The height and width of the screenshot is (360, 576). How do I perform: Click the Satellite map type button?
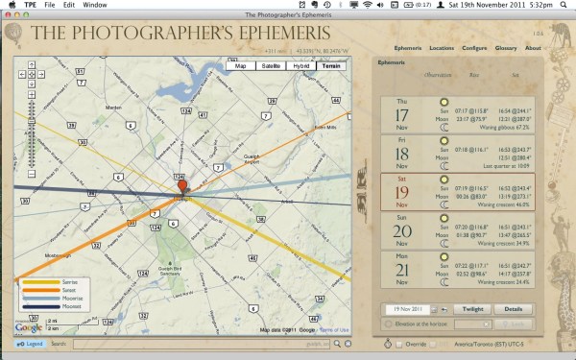point(272,66)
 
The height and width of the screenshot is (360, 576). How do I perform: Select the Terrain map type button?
point(332,66)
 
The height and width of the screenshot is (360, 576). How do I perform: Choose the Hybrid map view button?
point(302,66)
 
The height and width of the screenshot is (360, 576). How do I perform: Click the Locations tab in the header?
point(443,48)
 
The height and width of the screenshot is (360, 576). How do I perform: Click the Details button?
point(514,309)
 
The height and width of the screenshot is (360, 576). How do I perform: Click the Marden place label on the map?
point(118,107)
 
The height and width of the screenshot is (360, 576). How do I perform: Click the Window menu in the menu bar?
point(95,5)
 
